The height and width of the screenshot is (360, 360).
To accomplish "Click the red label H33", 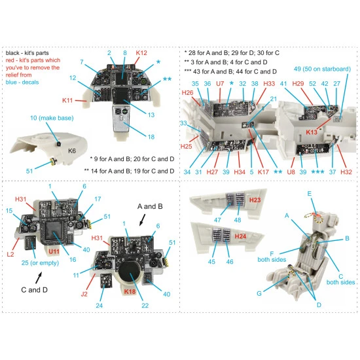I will (268, 84).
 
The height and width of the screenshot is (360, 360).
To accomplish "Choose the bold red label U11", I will (54, 251).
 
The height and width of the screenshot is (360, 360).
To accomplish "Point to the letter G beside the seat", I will (259, 294).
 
